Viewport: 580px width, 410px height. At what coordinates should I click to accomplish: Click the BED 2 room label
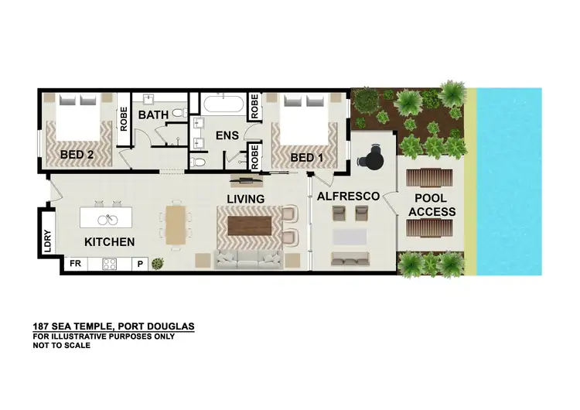[77, 154]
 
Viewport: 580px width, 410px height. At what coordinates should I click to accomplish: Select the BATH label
[153, 115]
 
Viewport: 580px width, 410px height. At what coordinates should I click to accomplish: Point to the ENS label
[227, 136]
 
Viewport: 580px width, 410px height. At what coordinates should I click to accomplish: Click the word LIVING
[245, 199]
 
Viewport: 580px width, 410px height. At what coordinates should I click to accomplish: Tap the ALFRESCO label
[348, 196]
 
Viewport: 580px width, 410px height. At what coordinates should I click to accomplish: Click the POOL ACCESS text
[432, 205]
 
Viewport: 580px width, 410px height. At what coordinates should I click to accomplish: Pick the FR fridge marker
[76, 264]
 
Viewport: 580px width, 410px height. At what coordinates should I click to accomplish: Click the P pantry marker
[141, 264]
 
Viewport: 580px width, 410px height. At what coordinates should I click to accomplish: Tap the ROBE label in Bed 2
[123, 122]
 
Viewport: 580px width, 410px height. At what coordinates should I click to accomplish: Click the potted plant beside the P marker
[158, 263]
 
